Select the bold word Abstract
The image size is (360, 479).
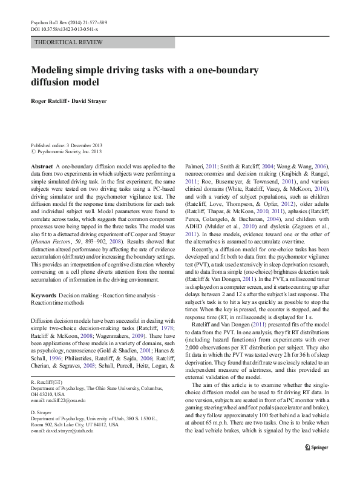(x=41, y=166)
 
